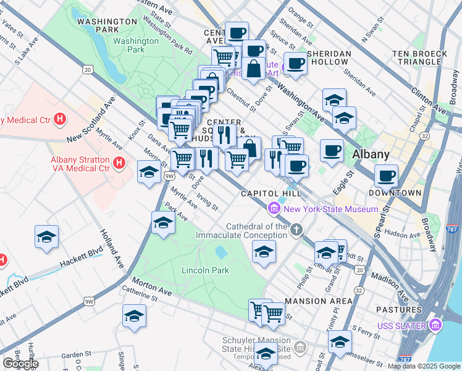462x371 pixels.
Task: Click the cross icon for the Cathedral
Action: [x=297, y=231]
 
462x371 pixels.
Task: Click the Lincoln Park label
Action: [x=205, y=270]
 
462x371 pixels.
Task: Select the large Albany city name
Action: [x=371, y=155]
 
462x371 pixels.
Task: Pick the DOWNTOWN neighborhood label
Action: [x=395, y=193]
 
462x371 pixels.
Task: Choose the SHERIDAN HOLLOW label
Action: [x=330, y=58]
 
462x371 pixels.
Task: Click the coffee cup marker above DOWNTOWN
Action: [x=387, y=176]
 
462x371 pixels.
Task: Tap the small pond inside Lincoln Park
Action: [x=220, y=252]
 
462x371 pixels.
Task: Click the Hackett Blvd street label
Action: [x=81, y=258]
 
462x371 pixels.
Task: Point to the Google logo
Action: [x=20, y=364]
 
